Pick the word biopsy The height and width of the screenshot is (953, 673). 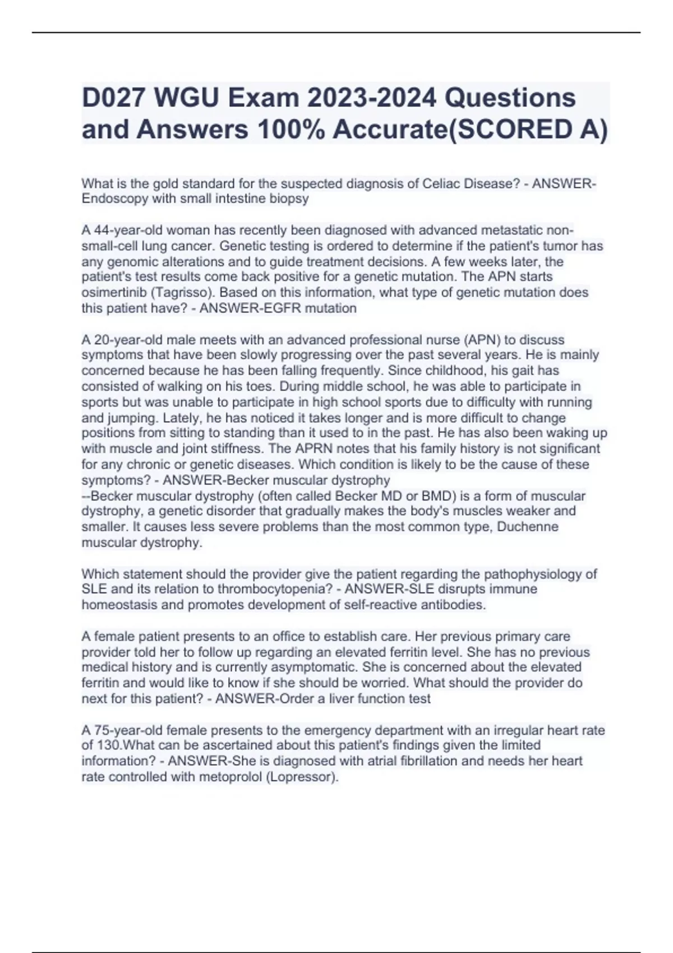[289, 198]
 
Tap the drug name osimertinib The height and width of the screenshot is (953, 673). [113, 293]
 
